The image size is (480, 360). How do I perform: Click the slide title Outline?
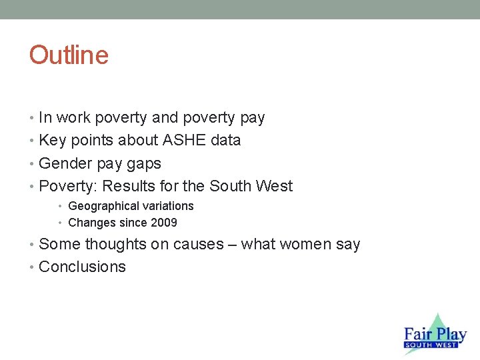69,55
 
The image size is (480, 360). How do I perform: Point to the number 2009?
163,223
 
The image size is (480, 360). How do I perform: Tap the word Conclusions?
82,267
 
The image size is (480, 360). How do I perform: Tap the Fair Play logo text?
435,335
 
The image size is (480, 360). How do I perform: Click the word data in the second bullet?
225,141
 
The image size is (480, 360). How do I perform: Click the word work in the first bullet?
74,118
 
